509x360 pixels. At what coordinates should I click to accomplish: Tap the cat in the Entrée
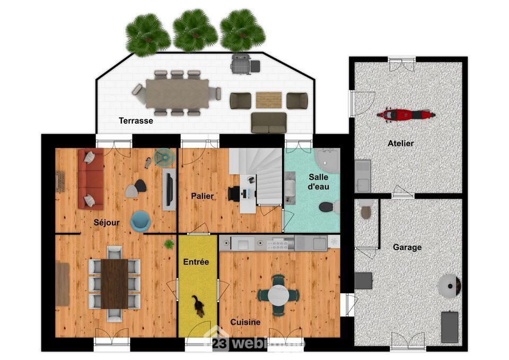(198, 306)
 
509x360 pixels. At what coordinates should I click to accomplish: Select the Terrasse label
(136, 121)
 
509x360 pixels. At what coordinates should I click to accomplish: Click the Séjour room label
(106, 222)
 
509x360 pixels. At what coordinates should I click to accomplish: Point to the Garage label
(407, 247)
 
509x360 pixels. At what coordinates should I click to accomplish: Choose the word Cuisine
(245, 322)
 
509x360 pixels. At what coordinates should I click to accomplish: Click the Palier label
(203, 196)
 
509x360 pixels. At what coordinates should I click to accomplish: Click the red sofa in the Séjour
(90, 179)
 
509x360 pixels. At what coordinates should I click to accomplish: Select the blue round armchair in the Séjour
(141, 221)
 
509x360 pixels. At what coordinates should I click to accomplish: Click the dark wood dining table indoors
(115, 283)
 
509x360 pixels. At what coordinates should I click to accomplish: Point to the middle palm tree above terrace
(195, 31)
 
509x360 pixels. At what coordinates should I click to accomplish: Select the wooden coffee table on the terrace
(269, 99)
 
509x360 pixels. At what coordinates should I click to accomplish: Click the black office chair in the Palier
(234, 193)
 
